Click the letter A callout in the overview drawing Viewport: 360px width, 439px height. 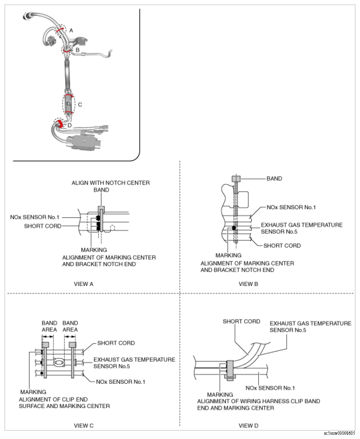coord(71,30)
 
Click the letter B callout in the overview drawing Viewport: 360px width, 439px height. coord(78,50)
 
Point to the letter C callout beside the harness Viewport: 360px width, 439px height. coord(80,104)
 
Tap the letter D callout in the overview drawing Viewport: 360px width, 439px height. coord(70,125)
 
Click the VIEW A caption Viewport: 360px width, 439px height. coord(83,284)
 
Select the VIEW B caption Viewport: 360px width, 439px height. coord(248,284)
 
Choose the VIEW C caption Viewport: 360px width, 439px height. coord(84,426)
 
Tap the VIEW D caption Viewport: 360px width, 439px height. coord(248,426)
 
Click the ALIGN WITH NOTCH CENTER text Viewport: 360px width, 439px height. coord(111,183)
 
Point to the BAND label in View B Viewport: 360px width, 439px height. coord(274,179)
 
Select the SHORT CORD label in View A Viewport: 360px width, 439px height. coord(42,226)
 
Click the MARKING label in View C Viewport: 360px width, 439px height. coord(33,392)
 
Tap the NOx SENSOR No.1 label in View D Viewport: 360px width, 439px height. coord(270,388)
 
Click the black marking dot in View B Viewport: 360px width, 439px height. coord(234,228)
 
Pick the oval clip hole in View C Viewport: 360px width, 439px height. coord(59,363)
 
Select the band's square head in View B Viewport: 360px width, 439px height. coord(236,179)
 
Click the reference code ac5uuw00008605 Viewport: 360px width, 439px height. coord(339,433)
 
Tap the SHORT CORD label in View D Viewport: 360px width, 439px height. coord(241,321)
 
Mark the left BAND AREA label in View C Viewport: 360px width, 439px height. coord(49,327)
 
